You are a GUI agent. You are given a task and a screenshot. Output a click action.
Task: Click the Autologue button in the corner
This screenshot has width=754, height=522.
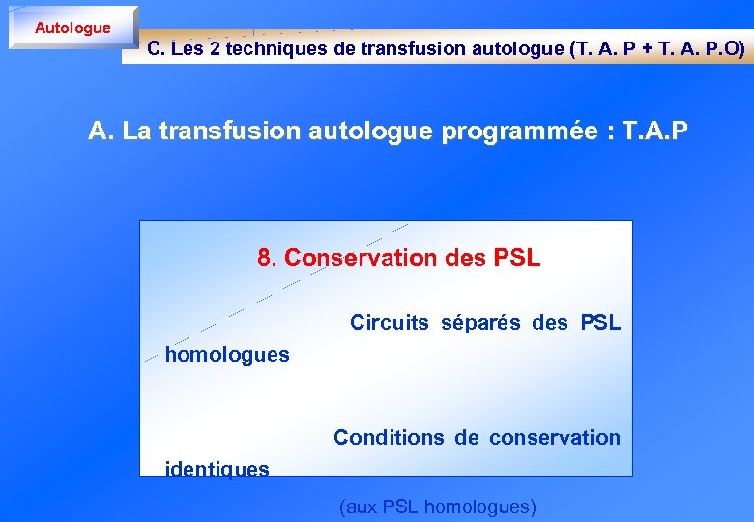72,28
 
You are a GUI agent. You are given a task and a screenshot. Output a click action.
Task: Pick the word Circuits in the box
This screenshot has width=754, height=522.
389,322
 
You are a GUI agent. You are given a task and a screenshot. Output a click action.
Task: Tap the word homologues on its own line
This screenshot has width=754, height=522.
227,355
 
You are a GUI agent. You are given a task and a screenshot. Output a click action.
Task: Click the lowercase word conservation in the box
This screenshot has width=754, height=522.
554,437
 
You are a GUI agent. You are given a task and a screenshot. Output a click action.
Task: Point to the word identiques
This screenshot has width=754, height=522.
217,470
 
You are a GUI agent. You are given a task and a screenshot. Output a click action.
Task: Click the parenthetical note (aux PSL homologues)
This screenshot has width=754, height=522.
437,506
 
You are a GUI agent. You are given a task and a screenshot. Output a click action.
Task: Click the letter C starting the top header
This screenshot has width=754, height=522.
154,49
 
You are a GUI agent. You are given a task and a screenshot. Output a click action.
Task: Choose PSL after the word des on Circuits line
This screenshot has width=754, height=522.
600,322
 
